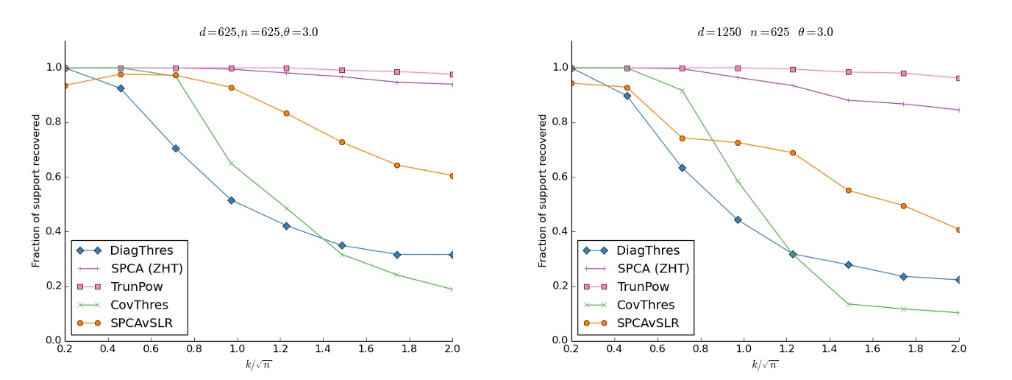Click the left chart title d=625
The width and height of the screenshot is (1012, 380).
click(x=258, y=32)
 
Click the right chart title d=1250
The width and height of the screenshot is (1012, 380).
click(x=765, y=32)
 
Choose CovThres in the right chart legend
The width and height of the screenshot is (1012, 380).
click(x=645, y=304)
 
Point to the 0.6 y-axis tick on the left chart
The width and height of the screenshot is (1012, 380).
click(x=53, y=177)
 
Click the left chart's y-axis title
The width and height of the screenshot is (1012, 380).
click(x=35, y=191)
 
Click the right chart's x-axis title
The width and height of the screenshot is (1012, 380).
click(x=765, y=365)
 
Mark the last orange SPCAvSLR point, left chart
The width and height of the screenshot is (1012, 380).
click(x=452, y=176)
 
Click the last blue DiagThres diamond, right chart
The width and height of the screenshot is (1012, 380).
click(x=958, y=280)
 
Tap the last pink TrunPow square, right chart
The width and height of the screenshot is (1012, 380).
click(x=958, y=78)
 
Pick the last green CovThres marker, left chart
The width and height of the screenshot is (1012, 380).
click(x=452, y=289)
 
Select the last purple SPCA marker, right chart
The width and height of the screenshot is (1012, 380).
click(x=958, y=110)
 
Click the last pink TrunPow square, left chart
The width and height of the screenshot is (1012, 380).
click(x=452, y=74)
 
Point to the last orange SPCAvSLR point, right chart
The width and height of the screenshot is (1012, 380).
click(x=958, y=230)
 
